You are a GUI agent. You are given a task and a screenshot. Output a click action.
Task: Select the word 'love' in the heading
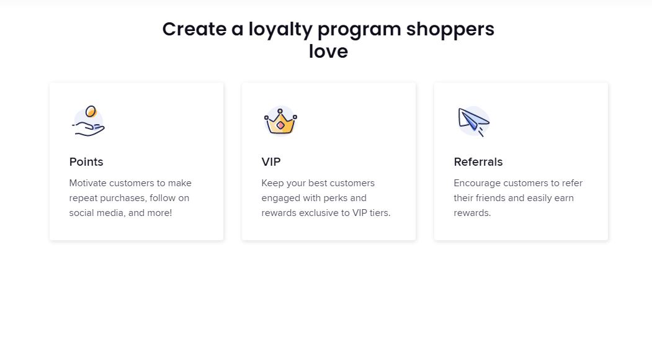(x=328, y=52)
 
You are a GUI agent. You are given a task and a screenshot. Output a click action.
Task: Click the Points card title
(x=86, y=162)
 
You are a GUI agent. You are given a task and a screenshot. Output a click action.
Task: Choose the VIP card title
(x=271, y=162)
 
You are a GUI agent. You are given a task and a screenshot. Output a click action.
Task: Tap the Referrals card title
(x=478, y=162)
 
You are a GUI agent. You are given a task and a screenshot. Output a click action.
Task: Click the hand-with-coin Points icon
(x=88, y=122)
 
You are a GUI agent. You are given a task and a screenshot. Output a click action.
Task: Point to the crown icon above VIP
(x=280, y=121)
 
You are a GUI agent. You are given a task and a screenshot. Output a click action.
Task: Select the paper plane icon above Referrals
(x=473, y=121)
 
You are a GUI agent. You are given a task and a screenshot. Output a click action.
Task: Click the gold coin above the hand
(x=91, y=112)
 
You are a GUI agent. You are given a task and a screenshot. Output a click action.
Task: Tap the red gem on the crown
(x=280, y=125)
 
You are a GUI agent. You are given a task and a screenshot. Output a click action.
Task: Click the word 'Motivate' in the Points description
(x=88, y=183)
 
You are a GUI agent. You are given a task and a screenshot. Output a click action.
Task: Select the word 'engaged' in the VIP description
(x=282, y=198)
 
